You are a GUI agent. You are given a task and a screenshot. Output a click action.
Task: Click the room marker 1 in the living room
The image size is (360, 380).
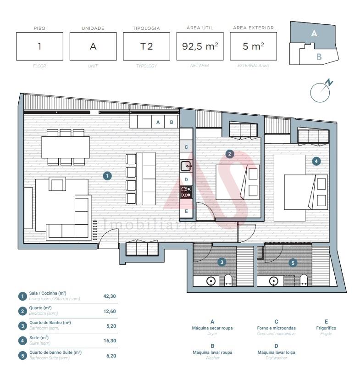(x=107, y=176)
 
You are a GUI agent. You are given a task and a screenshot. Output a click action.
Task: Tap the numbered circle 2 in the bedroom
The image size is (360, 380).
(x=229, y=154)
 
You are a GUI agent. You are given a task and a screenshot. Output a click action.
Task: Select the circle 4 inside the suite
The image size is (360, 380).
(x=316, y=161)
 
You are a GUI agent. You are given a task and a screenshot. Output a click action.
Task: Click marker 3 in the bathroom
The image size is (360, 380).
(x=222, y=262)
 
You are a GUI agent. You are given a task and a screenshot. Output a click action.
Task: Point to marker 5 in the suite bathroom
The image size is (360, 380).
(x=293, y=263)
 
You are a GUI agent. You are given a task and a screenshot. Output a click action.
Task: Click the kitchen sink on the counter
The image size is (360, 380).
(x=186, y=166)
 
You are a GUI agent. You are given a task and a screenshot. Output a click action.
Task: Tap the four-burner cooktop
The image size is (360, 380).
(x=186, y=192)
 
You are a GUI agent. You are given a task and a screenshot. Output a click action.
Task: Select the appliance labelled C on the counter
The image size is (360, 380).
(x=186, y=147)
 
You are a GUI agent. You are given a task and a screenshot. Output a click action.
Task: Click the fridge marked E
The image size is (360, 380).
(x=186, y=211)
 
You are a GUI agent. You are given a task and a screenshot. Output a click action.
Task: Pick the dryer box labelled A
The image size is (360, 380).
(x=158, y=122)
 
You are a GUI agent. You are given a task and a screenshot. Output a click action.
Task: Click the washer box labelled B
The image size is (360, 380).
(x=172, y=122)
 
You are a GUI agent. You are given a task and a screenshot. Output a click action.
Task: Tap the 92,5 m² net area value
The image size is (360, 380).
(x=200, y=46)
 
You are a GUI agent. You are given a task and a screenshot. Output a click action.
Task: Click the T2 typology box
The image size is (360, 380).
(x=146, y=46)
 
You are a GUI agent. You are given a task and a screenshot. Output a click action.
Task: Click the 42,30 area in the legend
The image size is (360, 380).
(x=110, y=296)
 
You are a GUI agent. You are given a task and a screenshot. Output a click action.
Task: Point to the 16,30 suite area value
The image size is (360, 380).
(x=110, y=341)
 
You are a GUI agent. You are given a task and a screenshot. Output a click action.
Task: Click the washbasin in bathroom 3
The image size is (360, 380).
(x=211, y=281)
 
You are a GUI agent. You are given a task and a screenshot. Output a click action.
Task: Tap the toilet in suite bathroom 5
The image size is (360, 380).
(x=304, y=280)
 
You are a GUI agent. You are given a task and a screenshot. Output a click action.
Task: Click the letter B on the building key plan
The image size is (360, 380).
(x=319, y=57)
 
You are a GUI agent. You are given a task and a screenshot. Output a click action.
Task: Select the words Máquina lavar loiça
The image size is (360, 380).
(x=276, y=352)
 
